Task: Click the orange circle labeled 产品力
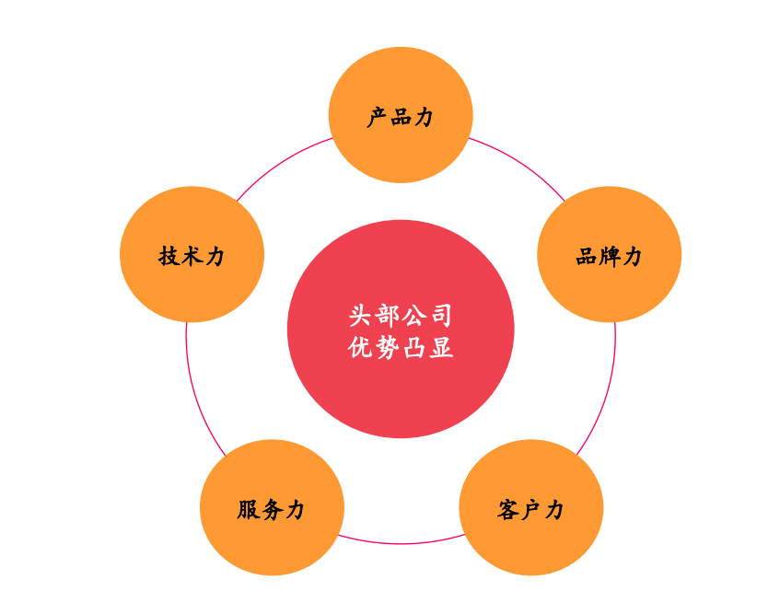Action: pyautogui.click(x=401, y=115)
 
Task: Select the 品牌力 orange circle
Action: pyautogui.click(x=609, y=254)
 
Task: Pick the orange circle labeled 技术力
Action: pyautogui.click(x=192, y=254)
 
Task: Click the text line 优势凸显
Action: pyautogui.click(x=401, y=348)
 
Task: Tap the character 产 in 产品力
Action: pyautogui.click(x=377, y=117)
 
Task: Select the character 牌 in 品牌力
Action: pyautogui.click(x=609, y=257)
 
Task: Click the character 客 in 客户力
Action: pyautogui.click(x=507, y=510)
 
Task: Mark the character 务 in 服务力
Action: pyautogui.click(x=272, y=510)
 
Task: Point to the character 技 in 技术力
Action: pyautogui.click(x=169, y=257)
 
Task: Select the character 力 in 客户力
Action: pyautogui.click(x=554, y=510)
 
